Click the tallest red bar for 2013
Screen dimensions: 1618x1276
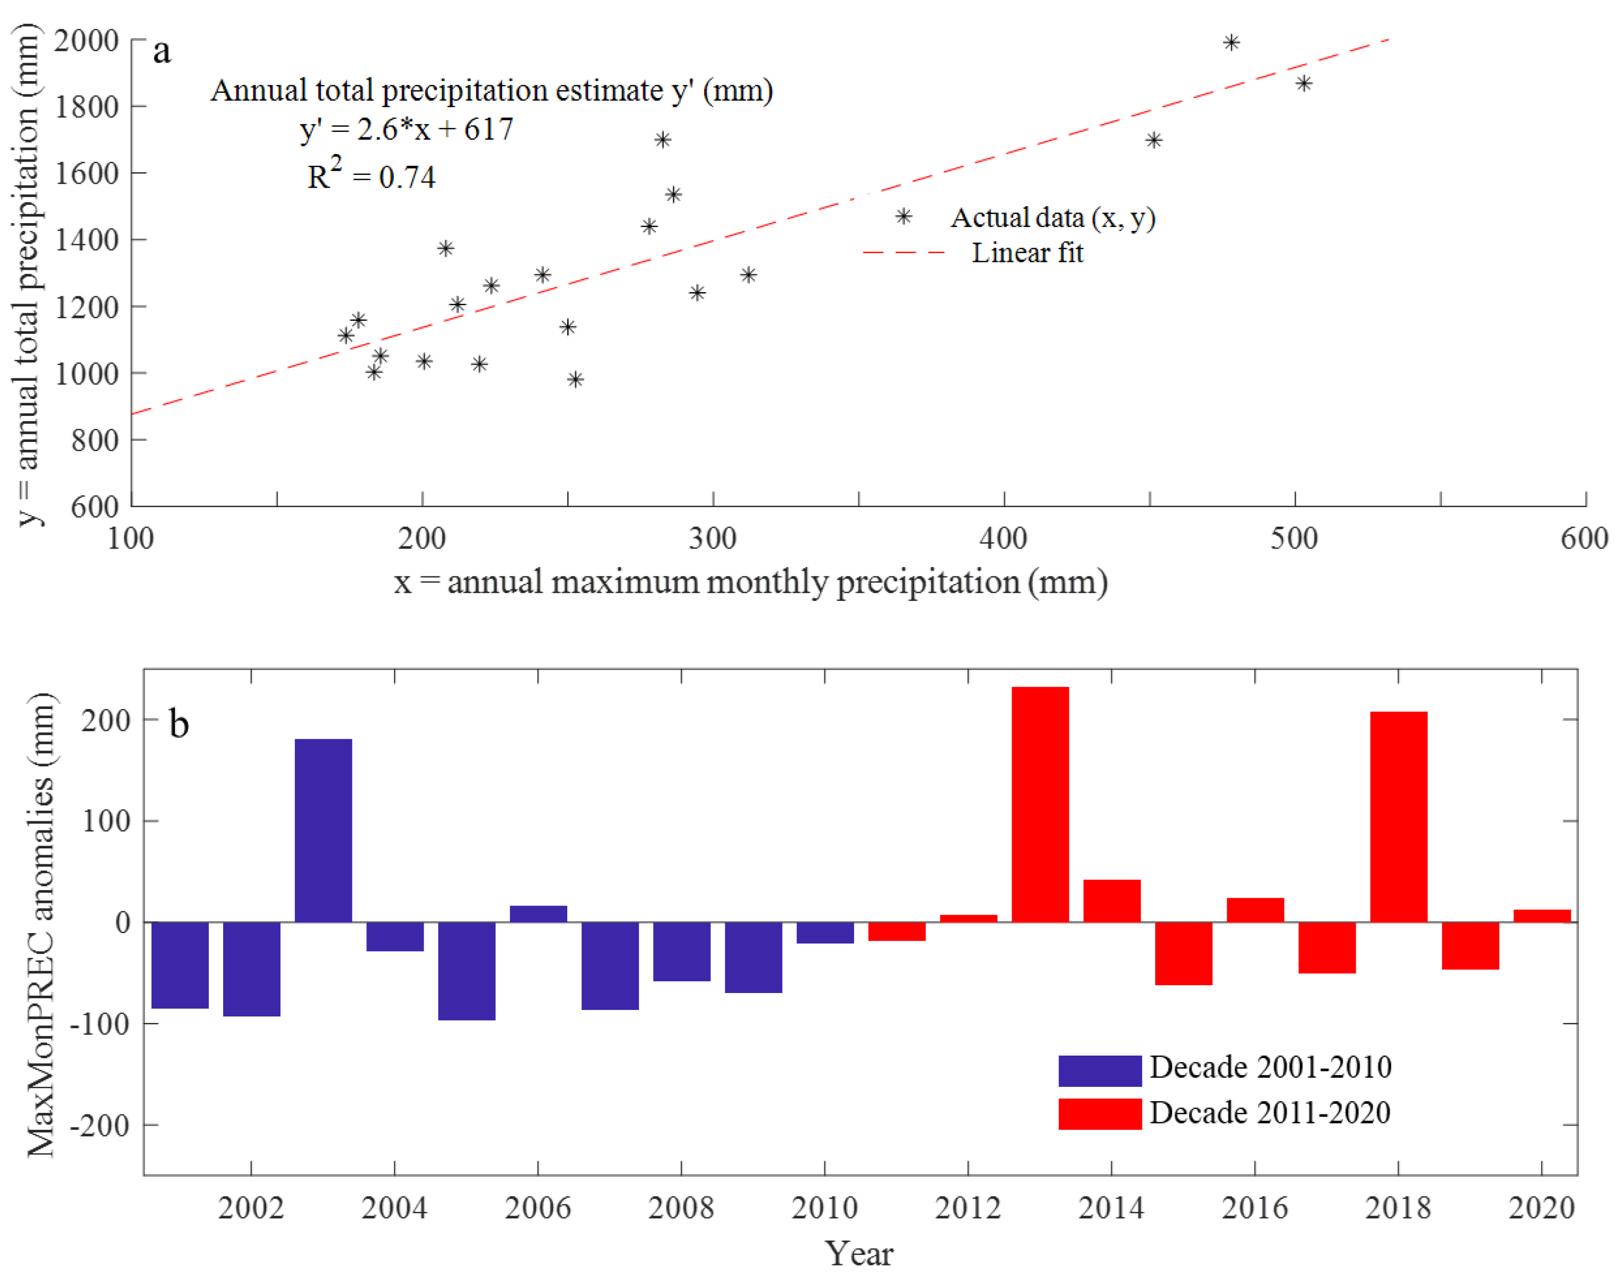[1040, 804]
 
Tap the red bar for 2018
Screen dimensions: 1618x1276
[1399, 817]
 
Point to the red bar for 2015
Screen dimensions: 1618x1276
[1183, 953]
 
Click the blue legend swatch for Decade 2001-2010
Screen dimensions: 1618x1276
[1100, 1070]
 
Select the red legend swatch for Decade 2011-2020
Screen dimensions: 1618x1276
[1100, 1113]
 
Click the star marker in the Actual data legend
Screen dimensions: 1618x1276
[903, 217]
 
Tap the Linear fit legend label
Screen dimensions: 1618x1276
[1027, 253]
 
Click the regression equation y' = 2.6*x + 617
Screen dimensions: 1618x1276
[407, 130]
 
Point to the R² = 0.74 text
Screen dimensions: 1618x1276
[372, 173]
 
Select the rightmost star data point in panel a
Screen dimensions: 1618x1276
[1304, 83]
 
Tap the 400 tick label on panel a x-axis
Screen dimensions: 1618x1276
[1003, 538]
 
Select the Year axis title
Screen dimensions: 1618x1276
[859, 1253]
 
